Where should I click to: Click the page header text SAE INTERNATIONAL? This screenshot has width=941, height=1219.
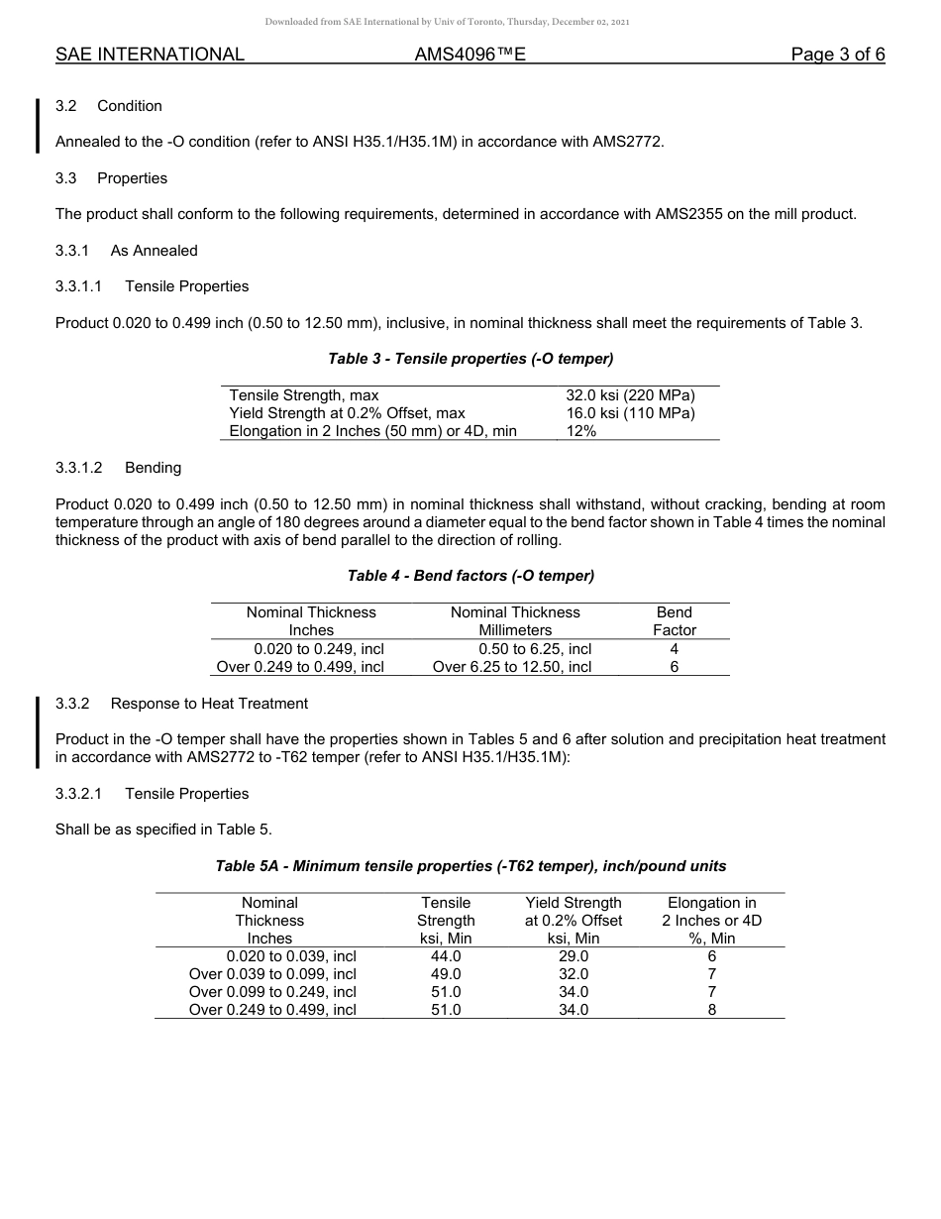point(150,55)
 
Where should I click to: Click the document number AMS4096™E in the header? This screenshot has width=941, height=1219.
point(470,55)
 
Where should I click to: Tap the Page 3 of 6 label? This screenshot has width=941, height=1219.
point(837,55)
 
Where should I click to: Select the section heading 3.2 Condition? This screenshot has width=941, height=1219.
point(109,106)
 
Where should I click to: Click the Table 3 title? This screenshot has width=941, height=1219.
point(470,359)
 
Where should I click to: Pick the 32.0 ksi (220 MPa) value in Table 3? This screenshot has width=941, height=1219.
point(630,395)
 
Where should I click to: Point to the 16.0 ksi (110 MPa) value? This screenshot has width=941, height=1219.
point(630,413)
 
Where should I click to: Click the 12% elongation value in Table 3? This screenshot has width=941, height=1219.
point(581,431)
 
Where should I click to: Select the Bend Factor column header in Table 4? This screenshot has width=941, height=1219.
point(675,621)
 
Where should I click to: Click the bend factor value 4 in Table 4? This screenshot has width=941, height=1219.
point(675,649)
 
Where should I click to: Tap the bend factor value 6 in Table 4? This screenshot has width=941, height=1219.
point(675,667)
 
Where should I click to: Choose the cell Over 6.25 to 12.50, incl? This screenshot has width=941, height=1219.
point(512,667)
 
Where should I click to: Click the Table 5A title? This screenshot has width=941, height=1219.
point(470,866)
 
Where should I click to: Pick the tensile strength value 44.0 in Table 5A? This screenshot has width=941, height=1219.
point(446,956)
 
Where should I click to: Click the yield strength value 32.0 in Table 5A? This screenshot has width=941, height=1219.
point(574,974)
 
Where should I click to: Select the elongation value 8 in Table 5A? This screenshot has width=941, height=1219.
point(712,1010)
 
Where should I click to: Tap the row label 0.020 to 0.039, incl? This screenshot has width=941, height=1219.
point(291,956)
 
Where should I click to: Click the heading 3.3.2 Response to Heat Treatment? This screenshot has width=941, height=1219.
point(181,704)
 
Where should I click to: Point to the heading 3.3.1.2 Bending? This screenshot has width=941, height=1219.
point(118,468)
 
